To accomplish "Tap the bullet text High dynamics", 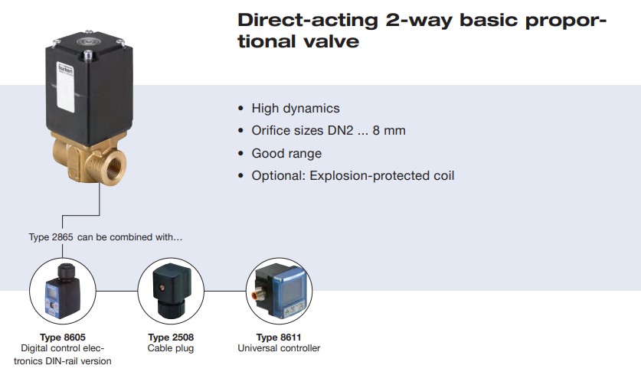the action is (x=296, y=108).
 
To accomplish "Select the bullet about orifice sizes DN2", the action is (x=329, y=130).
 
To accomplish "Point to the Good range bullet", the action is (x=286, y=153).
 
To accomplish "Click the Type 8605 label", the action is (x=63, y=337).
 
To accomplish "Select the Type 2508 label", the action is (x=171, y=337).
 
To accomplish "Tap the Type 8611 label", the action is (x=279, y=337).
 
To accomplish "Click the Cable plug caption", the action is (x=171, y=348).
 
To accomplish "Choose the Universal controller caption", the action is (x=279, y=348).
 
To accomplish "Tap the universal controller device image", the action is (x=280, y=291).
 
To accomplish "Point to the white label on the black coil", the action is (x=66, y=87).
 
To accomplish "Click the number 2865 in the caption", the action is (x=62, y=237).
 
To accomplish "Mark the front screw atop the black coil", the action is (x=88, y=54).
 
